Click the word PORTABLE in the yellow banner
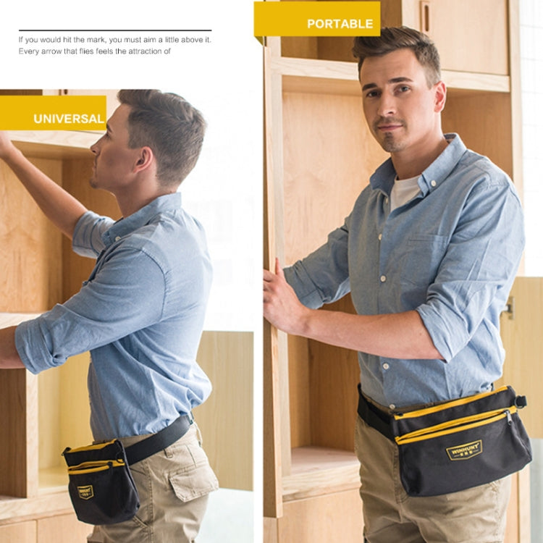pyautogui.click(x=340, y=23)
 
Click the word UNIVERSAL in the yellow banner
pyautogui.click(x=69, y=119)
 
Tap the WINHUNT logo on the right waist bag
pyautogui.click(x=464, y=450)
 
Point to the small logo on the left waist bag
pyautogui.click(x=85, y=492)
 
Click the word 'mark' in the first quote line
pyautogui.click(x=94, y=39)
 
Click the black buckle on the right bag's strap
pyautogui.click(x=519, y=400)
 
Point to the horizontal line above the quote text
pyautogui.click(x=115, y=30)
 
